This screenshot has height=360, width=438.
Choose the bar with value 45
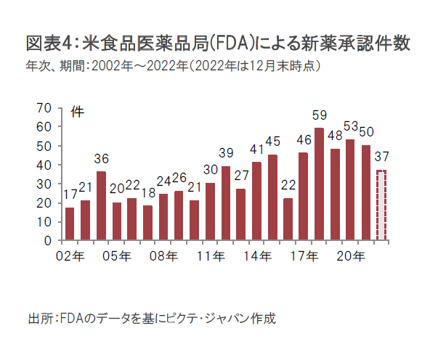pos(272,197)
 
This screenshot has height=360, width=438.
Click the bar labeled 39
pos(226,202)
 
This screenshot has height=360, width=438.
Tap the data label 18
pos(147,194)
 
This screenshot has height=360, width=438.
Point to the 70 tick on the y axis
pos(44,107)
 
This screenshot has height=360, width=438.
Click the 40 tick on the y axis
pos(44,164)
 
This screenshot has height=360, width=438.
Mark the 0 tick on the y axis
pos(48,240)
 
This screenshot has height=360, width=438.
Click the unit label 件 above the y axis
pos(76,112)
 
